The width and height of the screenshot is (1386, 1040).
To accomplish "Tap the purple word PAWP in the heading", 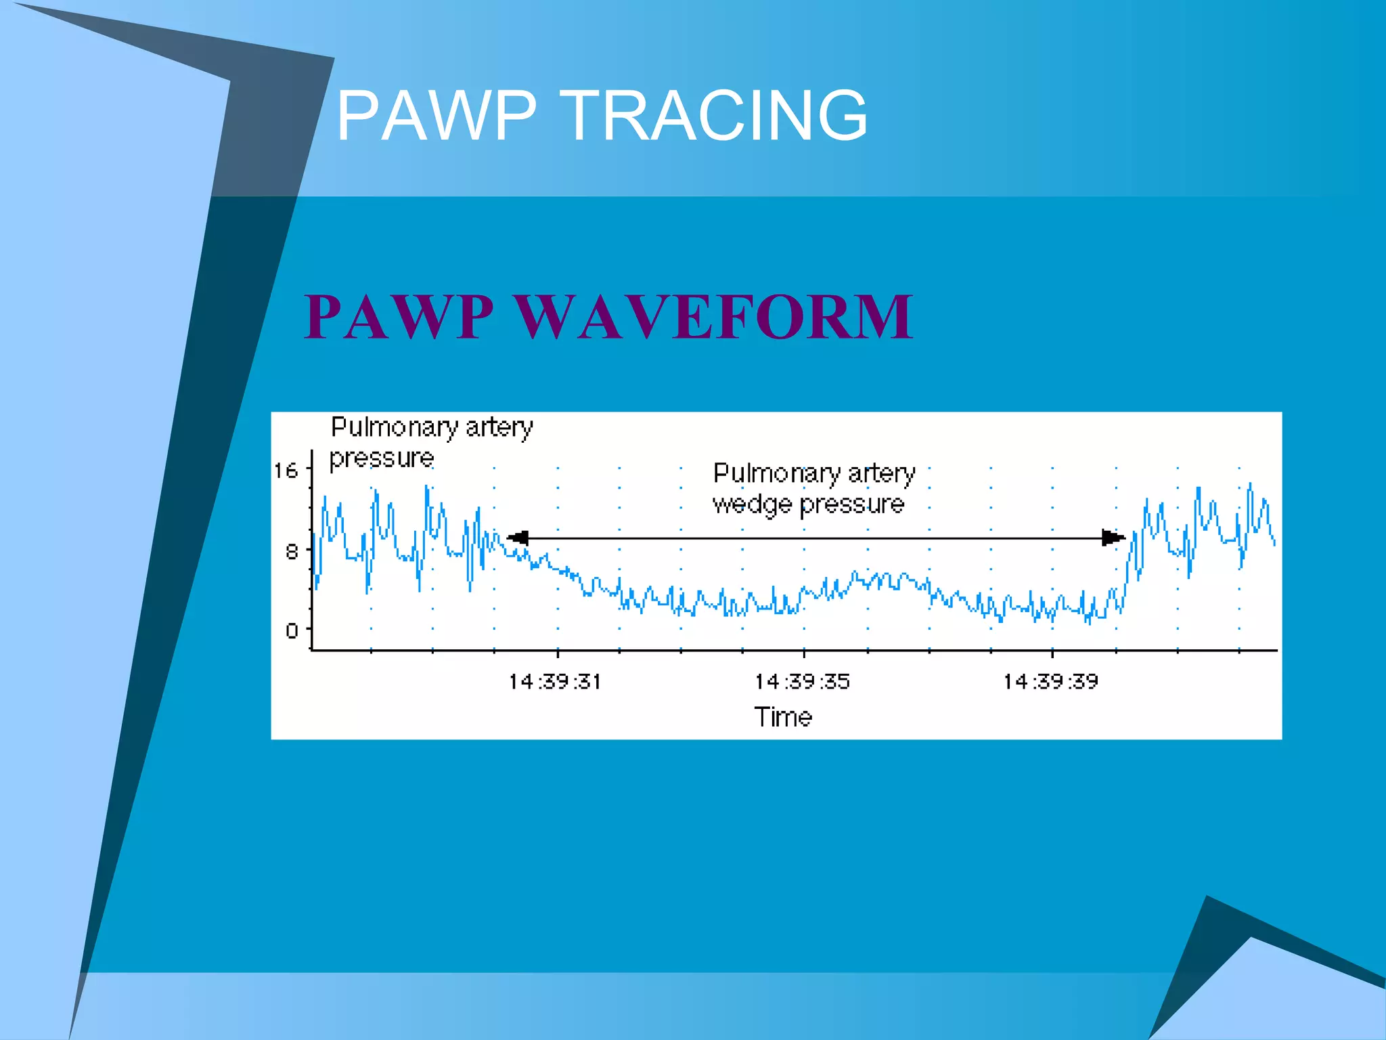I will click(399, 316).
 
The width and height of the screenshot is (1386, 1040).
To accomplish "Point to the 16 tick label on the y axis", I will click(286, 471).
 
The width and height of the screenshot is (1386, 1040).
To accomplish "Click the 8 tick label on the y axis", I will click(292, 552).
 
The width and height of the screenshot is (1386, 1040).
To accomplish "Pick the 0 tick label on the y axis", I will click(292, 631).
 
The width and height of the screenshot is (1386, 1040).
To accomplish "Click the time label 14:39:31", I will click(555, 681).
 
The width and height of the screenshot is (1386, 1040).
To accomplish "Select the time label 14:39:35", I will click(802, 681).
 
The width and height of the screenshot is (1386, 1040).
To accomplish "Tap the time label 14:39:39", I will click(1050, 681).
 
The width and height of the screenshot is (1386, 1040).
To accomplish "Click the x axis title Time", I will click(783, 716).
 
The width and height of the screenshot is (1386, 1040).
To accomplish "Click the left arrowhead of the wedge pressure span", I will click(518, 538).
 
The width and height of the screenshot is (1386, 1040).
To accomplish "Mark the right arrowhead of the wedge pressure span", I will click(1113, 538).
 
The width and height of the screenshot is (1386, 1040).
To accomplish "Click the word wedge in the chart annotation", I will click(752, 504).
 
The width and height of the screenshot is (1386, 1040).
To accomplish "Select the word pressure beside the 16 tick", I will click(381, 458).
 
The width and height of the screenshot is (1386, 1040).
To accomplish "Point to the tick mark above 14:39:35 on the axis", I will click(804, 653).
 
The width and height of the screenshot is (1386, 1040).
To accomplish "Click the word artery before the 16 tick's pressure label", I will click(499, 427).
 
